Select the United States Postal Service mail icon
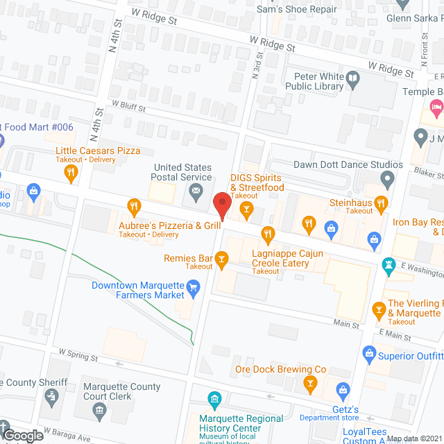tap(196, 191)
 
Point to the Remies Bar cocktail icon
tap(221, 261)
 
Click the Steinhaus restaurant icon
tap(381, 202)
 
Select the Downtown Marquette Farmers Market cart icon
tap(194, 285)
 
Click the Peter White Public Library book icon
tap(352, 78)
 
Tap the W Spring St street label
tap(78, 356)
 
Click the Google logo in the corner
tap(22, 436)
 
